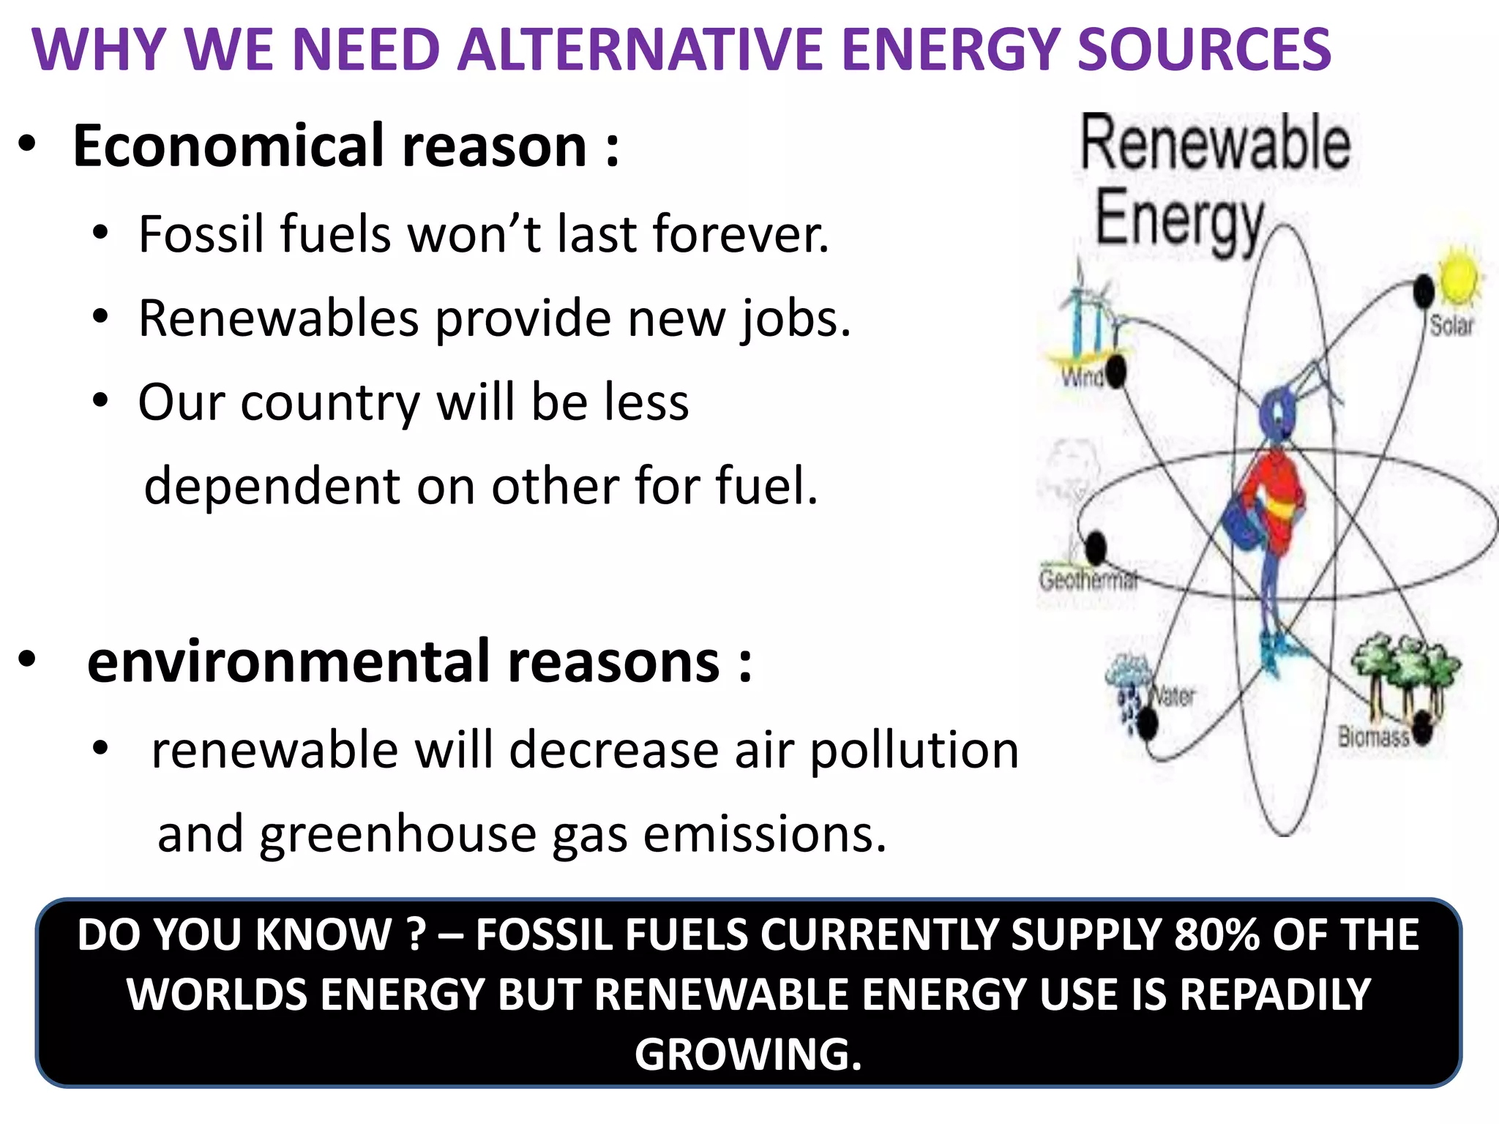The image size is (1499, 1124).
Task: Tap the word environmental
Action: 289,662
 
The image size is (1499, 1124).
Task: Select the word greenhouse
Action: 398,835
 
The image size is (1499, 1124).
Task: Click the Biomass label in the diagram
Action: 1373,736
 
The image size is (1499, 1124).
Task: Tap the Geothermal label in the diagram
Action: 1088,580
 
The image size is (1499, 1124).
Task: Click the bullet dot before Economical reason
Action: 27,144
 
